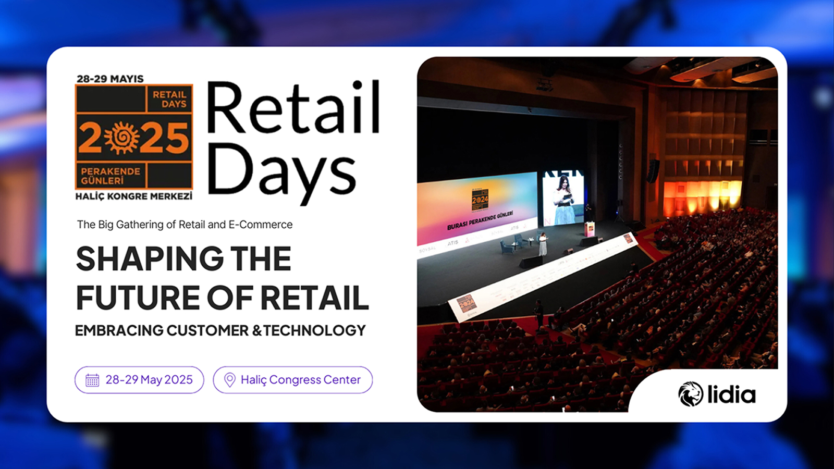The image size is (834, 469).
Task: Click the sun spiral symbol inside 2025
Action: (122, 138)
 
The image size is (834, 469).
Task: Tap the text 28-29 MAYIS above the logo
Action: (110, 79)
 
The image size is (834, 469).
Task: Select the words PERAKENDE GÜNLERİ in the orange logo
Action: (111, 176)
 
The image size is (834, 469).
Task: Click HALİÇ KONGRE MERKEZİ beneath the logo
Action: (134, 196)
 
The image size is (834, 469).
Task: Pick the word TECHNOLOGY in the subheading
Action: (315, 330)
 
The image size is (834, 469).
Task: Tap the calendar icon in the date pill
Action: (92, 380)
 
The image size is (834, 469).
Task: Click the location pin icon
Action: (229, 380)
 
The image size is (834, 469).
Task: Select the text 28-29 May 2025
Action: (149, 380)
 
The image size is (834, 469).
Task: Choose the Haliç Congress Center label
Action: (301, 380)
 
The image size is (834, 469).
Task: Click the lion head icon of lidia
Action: (691, 394)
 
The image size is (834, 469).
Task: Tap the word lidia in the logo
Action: (731, 394)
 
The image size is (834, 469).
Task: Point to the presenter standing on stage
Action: (543, 244)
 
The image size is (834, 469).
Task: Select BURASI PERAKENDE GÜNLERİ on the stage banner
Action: (480, 221)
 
